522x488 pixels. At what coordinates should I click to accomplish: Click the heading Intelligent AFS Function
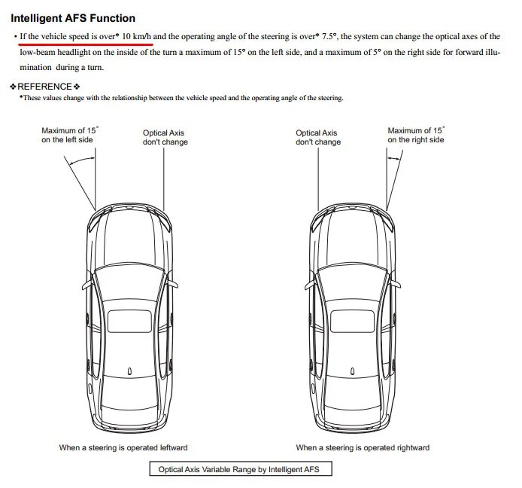click(x=73, y=18)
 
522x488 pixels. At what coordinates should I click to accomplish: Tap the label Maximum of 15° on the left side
click(x=68, y=135)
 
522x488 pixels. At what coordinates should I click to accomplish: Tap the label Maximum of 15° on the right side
click(x=416, y=135)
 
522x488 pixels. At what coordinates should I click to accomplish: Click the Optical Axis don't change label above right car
click(x=317, y=137)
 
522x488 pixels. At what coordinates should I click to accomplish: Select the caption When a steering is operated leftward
click(x=123, y=447)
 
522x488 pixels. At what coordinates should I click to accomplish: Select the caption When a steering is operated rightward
click(x=363, y=447)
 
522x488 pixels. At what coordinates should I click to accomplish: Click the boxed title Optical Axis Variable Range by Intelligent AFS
click(x=239, y=469)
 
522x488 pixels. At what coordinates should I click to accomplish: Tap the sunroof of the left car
click(x=130, y=321)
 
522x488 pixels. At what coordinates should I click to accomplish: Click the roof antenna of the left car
click(x=130, y=371)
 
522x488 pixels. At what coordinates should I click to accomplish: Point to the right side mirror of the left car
click(x=175, y=283)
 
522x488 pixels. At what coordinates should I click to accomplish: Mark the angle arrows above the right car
click(x=393, y=159)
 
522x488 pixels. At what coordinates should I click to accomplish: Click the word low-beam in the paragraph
click(x=41, y=52)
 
